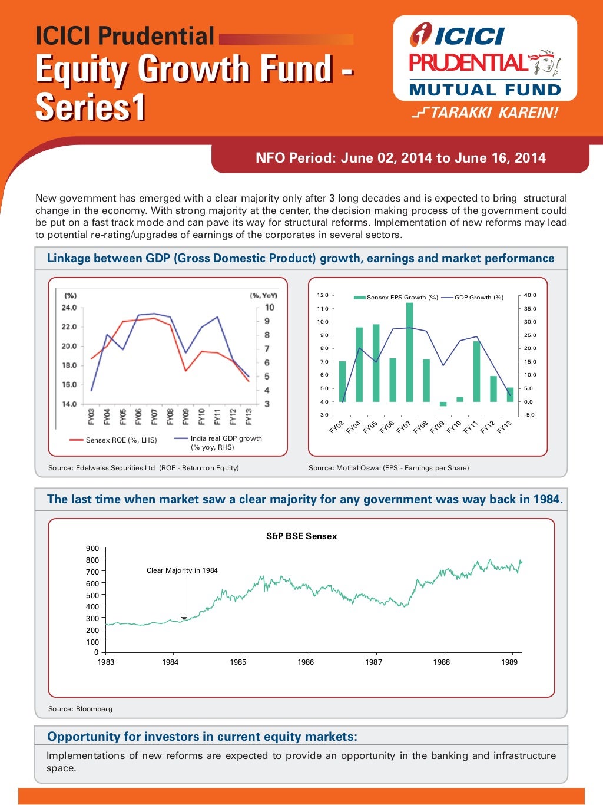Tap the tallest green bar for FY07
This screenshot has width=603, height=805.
[x=409, y=352]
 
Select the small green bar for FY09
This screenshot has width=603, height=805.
[x=443, y=404]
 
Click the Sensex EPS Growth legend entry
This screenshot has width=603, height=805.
[x=396, y=298]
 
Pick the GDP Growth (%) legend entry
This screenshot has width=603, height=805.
[x=472, y=298]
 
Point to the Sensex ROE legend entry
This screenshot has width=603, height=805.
[x=113, y=440]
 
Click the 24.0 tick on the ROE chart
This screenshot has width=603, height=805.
[x=69, y=308]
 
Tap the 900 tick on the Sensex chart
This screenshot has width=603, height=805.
[x=92, y=549]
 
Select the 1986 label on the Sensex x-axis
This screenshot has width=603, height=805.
[x=306, y=662]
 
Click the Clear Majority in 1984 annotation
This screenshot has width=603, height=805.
[x=182, y=570]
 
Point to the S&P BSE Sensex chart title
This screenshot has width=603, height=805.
[x=301, y=536]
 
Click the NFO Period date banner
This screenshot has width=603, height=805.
[x=400, y=158]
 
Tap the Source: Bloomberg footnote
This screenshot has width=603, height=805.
[x=80, y=709]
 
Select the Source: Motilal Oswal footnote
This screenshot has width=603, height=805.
[x=389, y=468]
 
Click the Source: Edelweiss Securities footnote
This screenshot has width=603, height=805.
[x=144, y=468]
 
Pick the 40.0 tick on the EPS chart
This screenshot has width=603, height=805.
[x=530, y=295]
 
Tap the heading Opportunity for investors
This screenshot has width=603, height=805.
[x=202, y=737]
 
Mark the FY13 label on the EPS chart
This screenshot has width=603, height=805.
[x=504, y=427]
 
